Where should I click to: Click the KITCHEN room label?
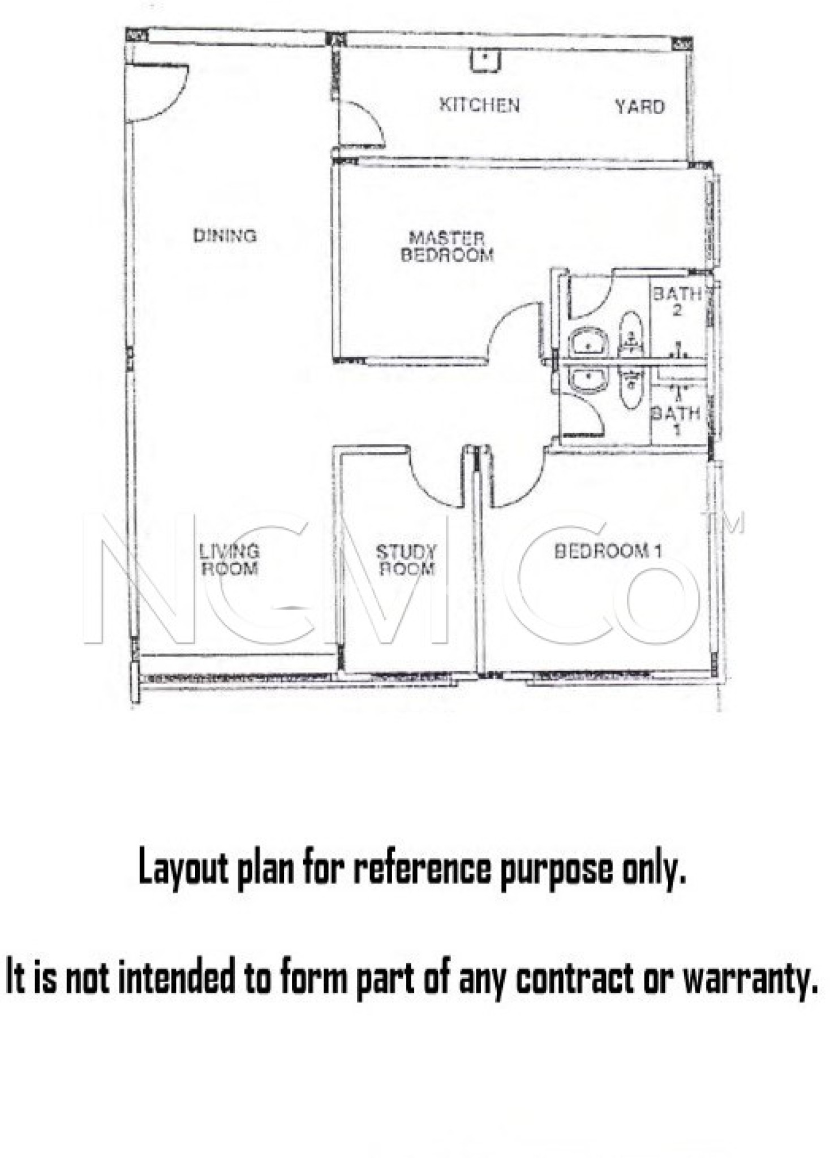coord(479,105)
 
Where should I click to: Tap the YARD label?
coord(639,107)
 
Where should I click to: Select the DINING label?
coord(225,235)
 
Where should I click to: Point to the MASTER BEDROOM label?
coord(447,247)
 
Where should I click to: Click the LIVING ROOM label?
coord(230,559)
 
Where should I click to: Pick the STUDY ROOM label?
coord(406,560)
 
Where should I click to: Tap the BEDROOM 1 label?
coord(608,551)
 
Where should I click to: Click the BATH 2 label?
coord(677,301)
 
